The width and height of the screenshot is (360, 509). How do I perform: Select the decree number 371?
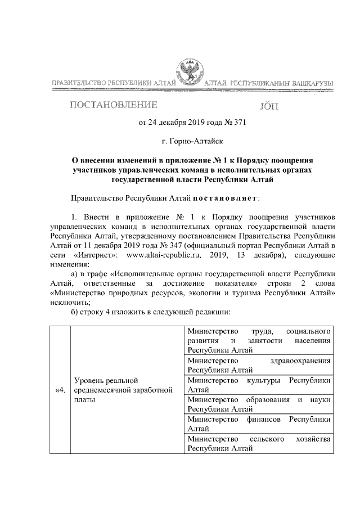[x=238, y=121]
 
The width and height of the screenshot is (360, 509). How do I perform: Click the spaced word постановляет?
[x=225, y=199]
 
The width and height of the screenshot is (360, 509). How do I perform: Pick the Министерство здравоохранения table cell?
[x=259, y=364]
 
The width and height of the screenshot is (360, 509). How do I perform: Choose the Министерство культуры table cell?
[x=259, y=385]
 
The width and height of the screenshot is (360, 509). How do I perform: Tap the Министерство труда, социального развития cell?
[x=259, y=339]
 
